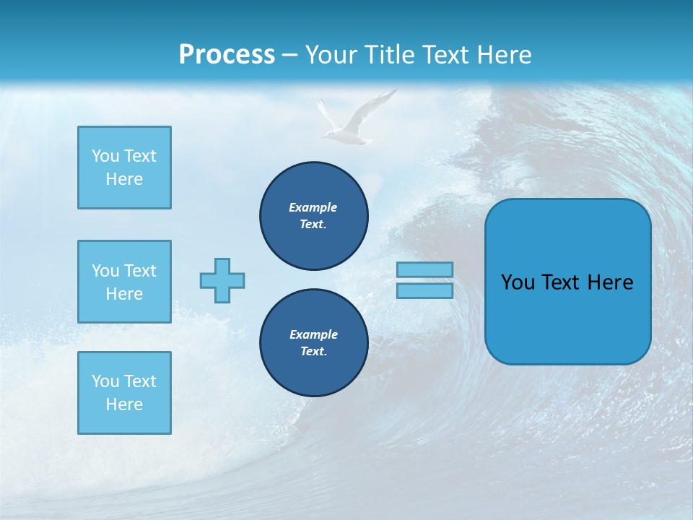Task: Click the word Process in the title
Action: point(227,55)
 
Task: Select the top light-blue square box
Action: point(124,168)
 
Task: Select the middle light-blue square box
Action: point(124,282)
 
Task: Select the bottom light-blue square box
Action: point(124,393)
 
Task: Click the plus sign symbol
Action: point(222,280)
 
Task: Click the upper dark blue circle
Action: point(314,215)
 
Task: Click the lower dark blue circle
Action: point(314,342)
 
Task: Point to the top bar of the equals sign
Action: point(424,269)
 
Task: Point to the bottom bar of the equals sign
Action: point(424,290)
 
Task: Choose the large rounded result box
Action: point(567,282)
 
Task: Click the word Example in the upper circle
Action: point(313,207)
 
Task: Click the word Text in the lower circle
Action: point(313,352)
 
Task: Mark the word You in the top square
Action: point(105,156)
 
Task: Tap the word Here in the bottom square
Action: point(124,404)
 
